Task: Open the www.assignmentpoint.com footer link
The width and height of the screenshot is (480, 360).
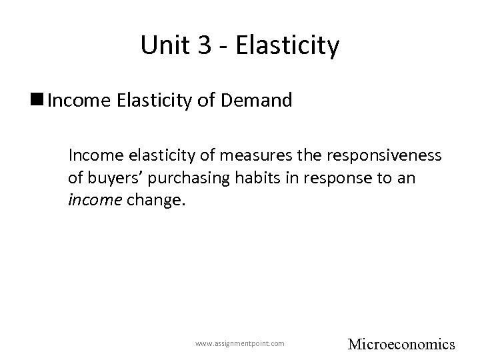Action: pos(239,343)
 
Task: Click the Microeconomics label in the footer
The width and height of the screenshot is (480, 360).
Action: pos(401,344)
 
